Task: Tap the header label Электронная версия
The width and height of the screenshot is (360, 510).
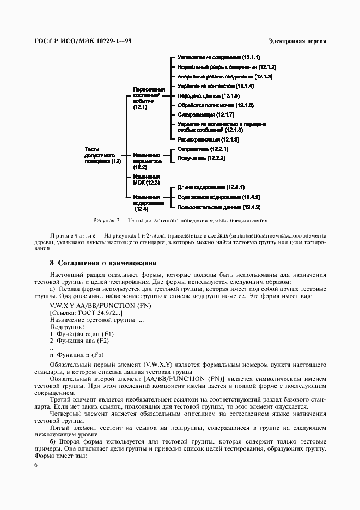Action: pyautogui.click(x=297, y=41)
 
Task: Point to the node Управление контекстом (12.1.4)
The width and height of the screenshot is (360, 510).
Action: pyautogui.click(x=216, y=86)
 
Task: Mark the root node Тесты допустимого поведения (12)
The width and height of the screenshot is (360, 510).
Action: pyautogui.click(x=102, y=155)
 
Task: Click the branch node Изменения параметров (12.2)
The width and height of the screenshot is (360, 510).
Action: pyautogui.click(x=147, y=161)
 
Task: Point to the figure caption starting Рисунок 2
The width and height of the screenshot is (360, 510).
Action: pyautogui.click(x=180, y=221)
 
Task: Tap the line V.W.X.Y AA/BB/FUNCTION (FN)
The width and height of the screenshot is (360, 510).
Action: pyautogui.click(x=93, y=305)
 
